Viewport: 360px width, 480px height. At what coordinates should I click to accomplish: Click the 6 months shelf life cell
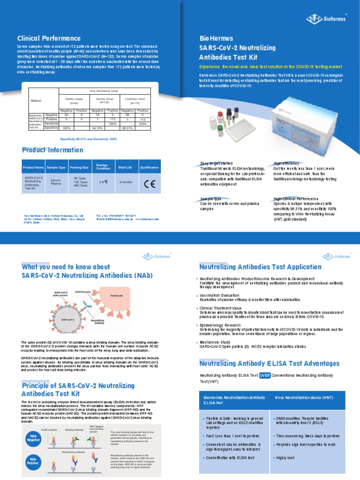[x=126, y=181]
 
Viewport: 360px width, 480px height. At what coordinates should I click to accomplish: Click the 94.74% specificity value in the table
[x=97, y=127]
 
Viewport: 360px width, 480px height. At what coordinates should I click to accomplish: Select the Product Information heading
[x=52, y=150]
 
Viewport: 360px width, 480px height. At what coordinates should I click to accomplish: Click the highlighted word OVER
[x=264, y=375]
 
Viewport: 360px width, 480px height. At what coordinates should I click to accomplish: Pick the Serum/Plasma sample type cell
[x=56, y=181]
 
